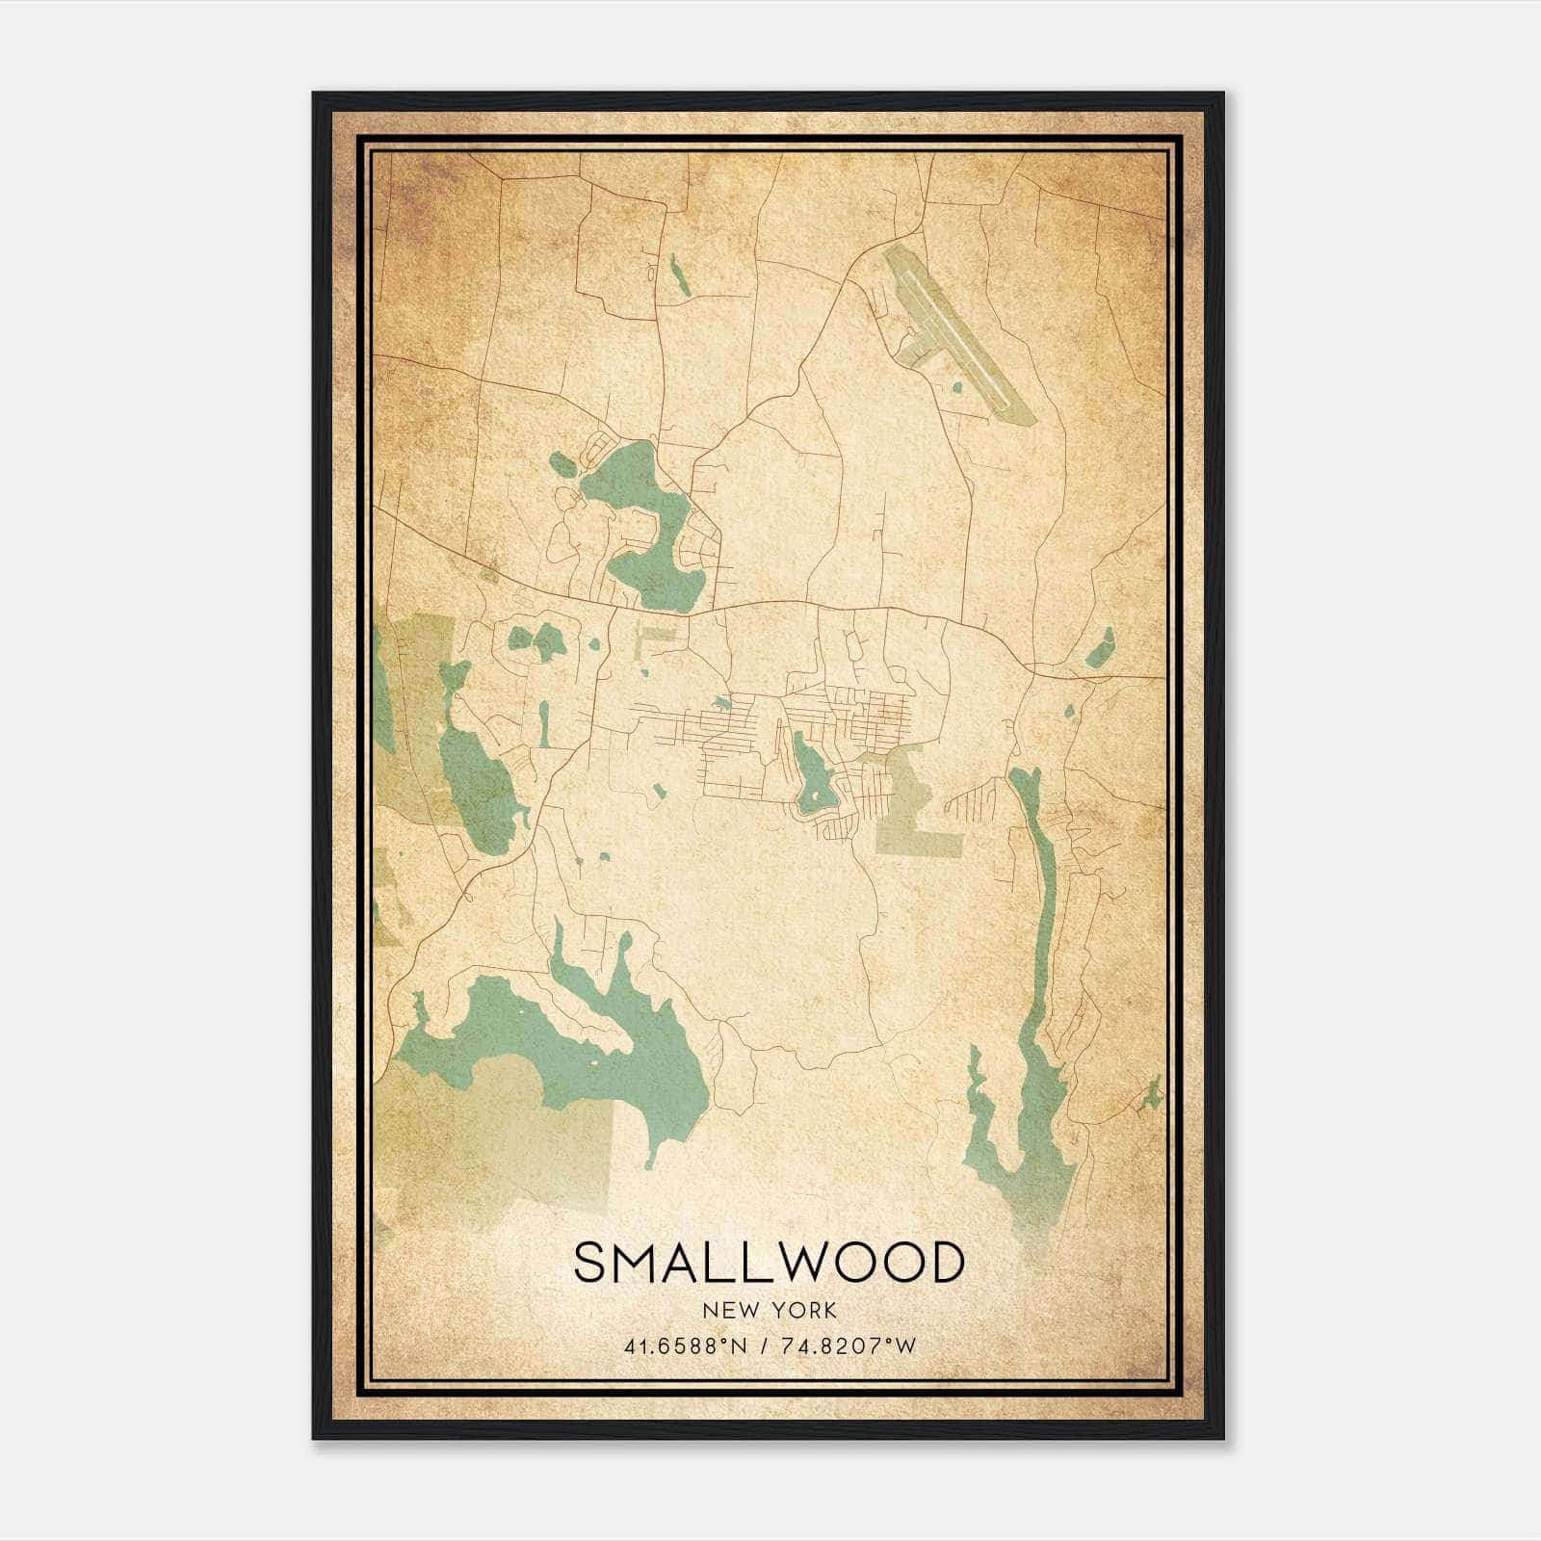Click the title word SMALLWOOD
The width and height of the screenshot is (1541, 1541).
pos(769,1263)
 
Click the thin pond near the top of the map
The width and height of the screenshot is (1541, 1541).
pos(680,275)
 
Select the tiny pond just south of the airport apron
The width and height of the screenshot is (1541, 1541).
pos(956,388)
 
